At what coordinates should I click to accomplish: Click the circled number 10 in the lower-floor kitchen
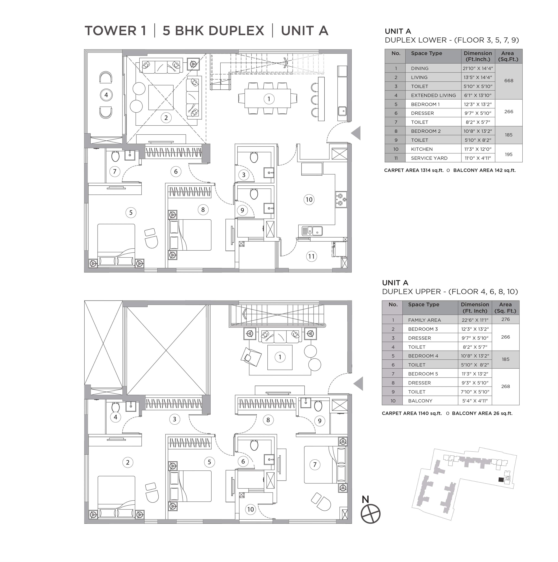click(309, 200)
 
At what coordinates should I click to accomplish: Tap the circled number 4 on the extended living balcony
click(106, 95)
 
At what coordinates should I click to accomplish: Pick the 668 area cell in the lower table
click(509, 81)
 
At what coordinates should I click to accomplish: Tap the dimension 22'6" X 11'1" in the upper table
click(475, 320)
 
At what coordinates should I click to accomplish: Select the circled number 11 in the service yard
click(311, 256)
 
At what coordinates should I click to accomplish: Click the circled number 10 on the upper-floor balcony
click(250, 509)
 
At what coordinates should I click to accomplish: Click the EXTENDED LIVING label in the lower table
click(433, 95)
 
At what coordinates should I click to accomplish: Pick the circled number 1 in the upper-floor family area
click(280, 357)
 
